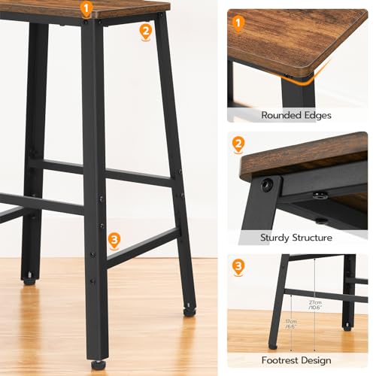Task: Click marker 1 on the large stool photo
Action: pos(86,10)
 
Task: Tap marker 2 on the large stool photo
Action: pos(145,31)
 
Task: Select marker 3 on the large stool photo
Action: pos(114,241)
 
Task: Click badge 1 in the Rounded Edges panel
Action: pos(239,24)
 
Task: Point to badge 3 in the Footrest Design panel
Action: pos(239,266)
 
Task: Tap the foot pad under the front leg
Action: pos(99,365)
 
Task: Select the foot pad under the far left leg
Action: pos(29,280)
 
